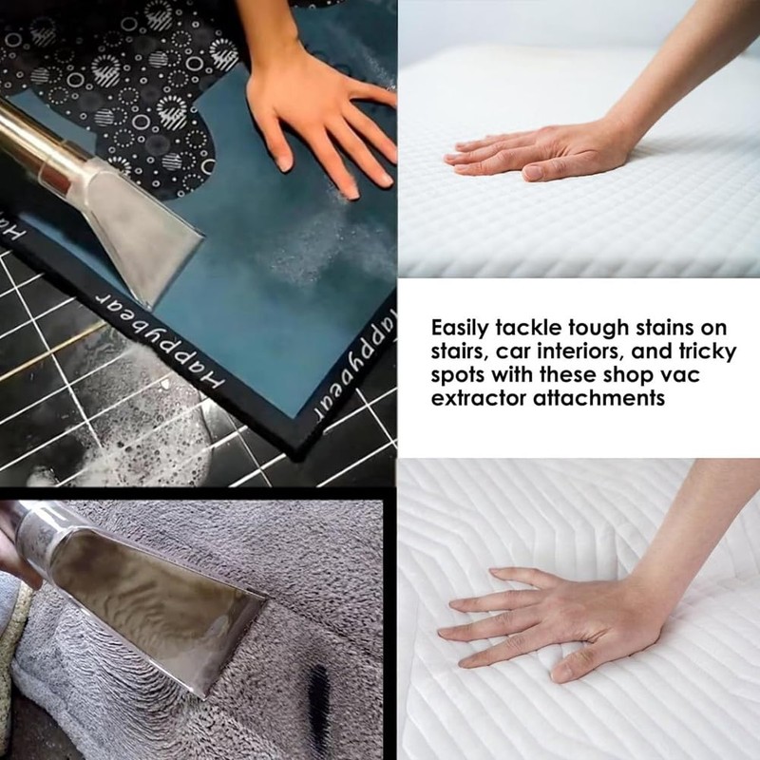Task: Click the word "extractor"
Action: pyautogui.click(x=474, y=398)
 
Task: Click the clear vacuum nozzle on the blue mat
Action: pyautogui.click(x=142, y=209)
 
